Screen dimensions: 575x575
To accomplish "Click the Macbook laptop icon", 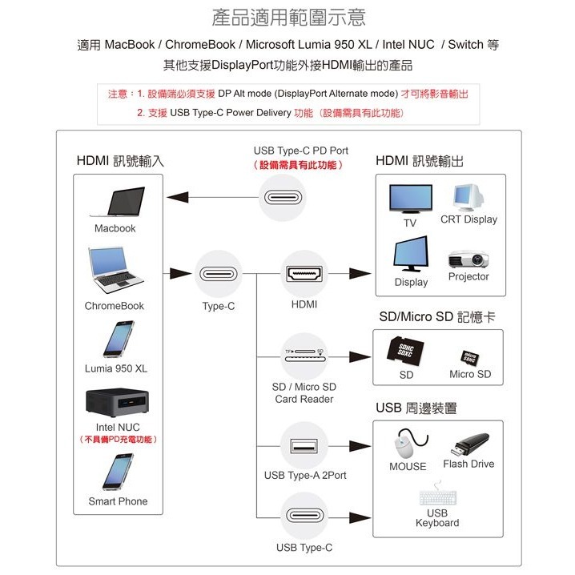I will pyautogui.click(x=118, y=202).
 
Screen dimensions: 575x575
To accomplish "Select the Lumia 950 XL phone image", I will pyautogui.click(x=118, y=340).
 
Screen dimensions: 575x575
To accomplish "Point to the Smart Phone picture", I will pyautogui.click(x=118, y=472).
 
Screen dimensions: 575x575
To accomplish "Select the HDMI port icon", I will pyautogui.click(x=304, y=275).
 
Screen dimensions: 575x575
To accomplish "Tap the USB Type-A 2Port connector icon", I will pyautogui.click(x=304, y=445).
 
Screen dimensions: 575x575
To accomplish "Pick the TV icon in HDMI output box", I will pyautogui.click(x=411, y=199).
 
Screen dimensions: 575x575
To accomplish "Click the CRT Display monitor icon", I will pyautogui.click(x=468, y=197).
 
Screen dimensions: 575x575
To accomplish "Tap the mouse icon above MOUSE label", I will pyautogui.click(x=409, y=444).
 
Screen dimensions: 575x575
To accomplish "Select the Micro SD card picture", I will pyautogui.click(x=470, y=356).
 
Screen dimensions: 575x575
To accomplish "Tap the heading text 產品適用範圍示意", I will pyautogui.click(x=287, y=18).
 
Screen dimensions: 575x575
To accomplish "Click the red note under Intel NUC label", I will pyautogui.click(x=118, y=440).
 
